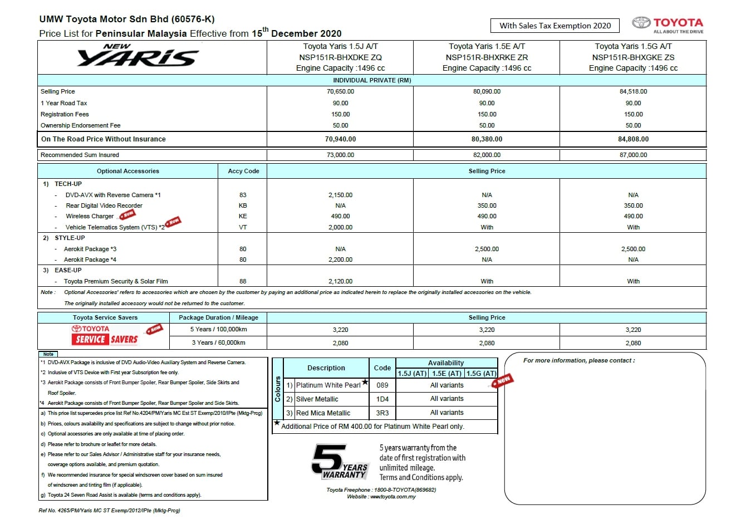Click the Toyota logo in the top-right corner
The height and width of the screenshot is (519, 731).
pyautogui.click(x=667, y=25)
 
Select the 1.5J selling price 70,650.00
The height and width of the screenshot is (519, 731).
pyautogui.click(x=340, y=91)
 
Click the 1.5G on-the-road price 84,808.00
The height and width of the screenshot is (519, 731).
pyautogui.click(x=633, y=139)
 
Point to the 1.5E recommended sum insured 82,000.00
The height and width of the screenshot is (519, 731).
pyautogui.click(x=487, y=155)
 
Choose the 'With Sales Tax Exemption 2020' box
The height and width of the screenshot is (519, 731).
pyautogui.click(x=555, y=26)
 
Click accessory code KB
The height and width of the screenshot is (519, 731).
pyautogui.click(x=243, y=205)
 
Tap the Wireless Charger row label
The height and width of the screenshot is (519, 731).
pyautogui.click(x=90, y=216)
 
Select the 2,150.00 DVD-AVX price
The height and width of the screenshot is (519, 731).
pyautogui.click(x=340, y=195)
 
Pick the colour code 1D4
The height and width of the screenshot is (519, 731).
pyautogui.click(x=382, y=399)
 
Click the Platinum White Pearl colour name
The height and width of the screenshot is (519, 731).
pyautogui.click(x=328, y=385)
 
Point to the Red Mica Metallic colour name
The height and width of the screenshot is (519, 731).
pyautogui.click(x=323, y=413)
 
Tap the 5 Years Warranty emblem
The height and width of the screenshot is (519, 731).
pyautogui.click(x=339, y=462)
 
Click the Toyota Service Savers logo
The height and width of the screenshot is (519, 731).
pyautogui.click(x=105, y=335)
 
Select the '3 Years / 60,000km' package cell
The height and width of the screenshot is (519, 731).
pyautogui.click(x=218, y=342)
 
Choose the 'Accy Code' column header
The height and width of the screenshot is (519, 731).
pyautogui.click(x=243, y=171)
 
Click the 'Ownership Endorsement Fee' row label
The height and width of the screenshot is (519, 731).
pyautogui.click(x=80, y=125)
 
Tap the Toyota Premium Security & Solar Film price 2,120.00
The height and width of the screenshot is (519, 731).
pyautogui.click(x=340, y=281)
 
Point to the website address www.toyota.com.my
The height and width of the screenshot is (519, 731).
pyautogui.click(x=393, y=497)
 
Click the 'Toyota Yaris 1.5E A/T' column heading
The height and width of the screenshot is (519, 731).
pyautogui.click(x=487, y=46)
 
